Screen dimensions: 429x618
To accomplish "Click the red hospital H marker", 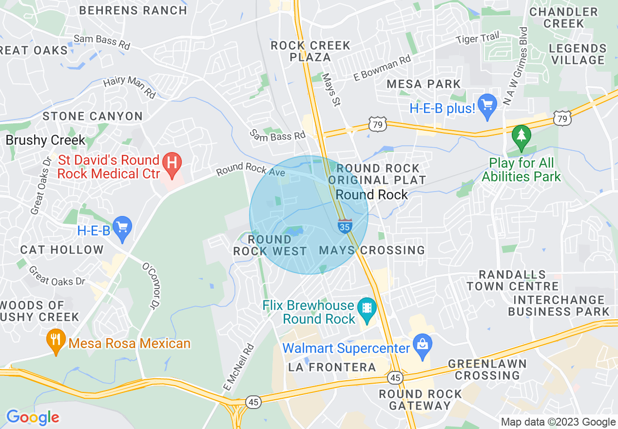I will point(172,161).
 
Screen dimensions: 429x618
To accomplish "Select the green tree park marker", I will point(521,135).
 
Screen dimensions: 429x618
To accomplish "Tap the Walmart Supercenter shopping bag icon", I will point(422,342).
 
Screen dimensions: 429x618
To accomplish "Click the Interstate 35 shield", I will point(345,226).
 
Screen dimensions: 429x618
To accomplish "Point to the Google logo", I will point(33,417).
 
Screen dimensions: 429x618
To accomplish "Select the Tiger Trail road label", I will point(478,37).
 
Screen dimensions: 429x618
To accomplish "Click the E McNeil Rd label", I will point(239,367).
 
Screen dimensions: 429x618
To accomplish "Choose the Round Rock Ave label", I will point(251,169).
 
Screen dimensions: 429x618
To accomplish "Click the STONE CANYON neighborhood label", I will point(93,116).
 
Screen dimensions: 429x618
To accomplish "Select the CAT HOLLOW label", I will point(62,250).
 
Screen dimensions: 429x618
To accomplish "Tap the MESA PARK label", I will point(424,84).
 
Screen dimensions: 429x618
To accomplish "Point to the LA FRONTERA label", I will point(332,367).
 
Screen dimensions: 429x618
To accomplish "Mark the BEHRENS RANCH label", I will point(133,10).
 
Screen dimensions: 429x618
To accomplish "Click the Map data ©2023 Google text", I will point(559,422).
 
